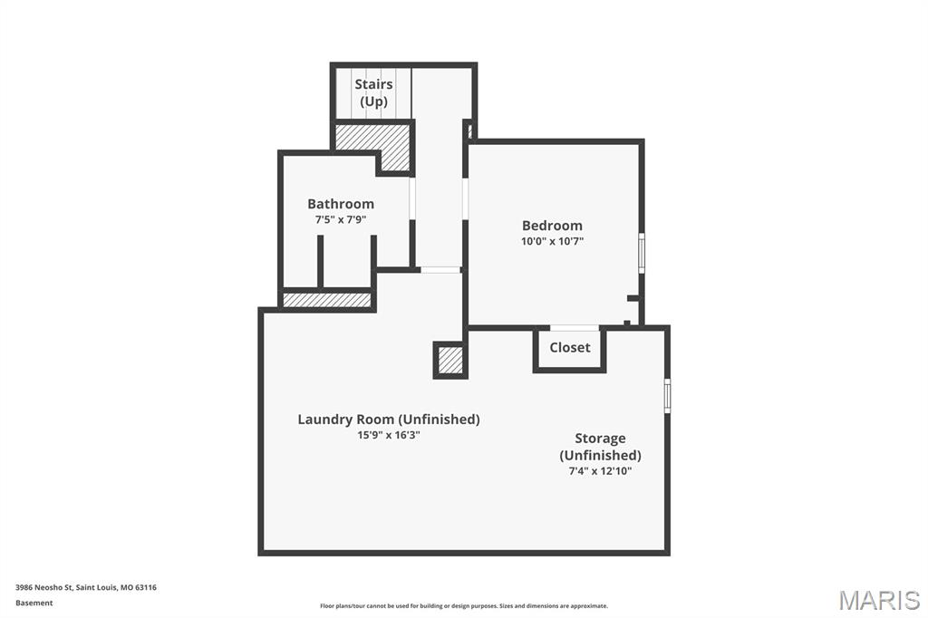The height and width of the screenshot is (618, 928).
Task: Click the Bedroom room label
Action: tap(552, 226)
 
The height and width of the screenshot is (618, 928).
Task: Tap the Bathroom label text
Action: tap(340, 204)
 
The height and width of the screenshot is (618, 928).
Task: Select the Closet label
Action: tap(569, 347)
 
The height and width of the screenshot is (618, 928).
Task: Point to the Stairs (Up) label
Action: tap(373, 92)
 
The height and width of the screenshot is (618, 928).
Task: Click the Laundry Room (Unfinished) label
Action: tap(388, 419)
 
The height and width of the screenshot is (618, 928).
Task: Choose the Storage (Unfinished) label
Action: tap(600, 447)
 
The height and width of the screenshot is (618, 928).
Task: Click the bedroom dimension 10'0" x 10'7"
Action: tap(552, 241)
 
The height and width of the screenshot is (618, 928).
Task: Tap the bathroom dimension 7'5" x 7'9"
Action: tap(340, 219)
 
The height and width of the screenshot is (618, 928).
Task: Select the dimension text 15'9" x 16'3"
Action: tap(388, 435)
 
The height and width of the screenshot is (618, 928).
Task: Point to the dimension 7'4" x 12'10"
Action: tap(600, 471)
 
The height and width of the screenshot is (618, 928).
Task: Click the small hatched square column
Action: tap(450, 360)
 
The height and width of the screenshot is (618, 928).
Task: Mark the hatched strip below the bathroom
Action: tap(327, 300)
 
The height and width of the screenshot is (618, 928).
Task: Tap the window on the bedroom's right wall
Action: tap(642, 253)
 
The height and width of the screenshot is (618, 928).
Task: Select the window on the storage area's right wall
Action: tap(668, 396)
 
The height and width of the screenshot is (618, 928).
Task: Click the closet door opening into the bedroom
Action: tap(575, 327)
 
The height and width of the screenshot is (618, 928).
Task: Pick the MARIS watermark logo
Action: tap(878, 600)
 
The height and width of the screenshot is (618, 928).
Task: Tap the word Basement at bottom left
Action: tap(34, 603)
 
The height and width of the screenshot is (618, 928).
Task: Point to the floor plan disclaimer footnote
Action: tap(463, 606)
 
